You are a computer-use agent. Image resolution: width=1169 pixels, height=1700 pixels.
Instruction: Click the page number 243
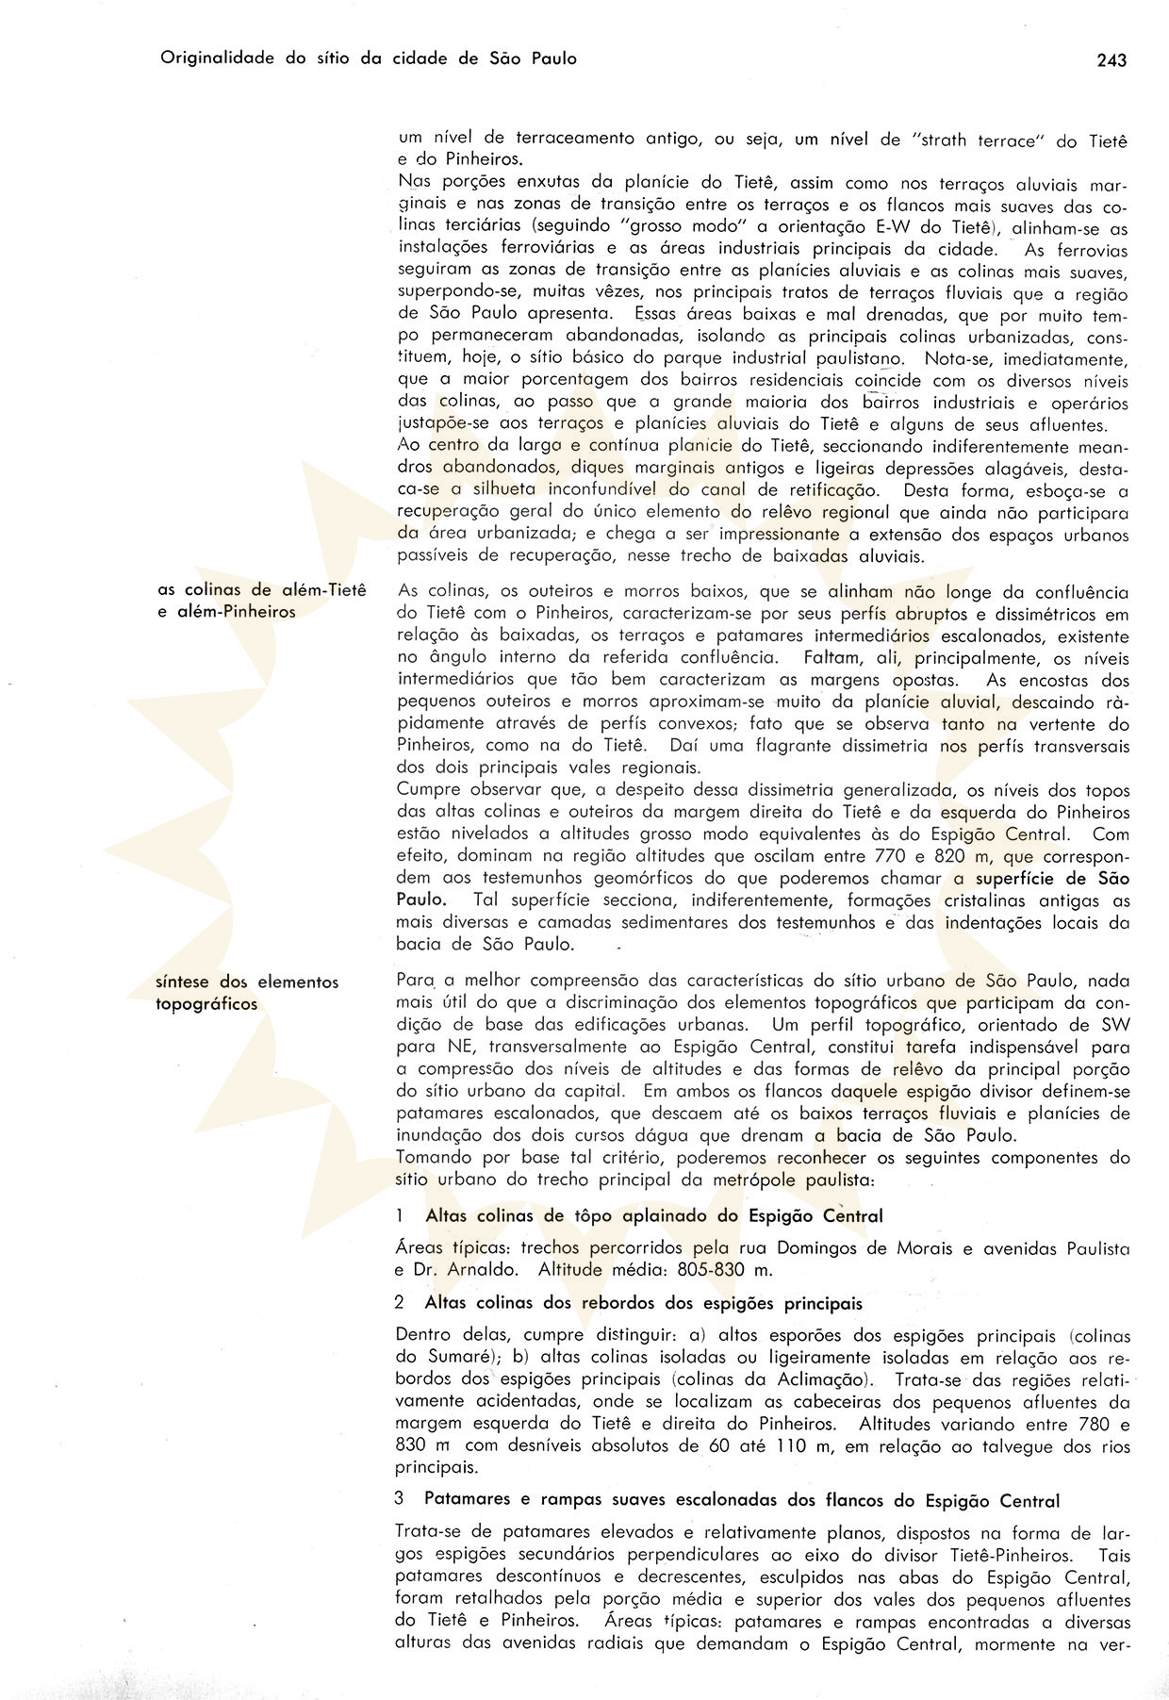1111,60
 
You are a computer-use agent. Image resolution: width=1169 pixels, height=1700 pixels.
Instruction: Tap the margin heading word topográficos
206,1004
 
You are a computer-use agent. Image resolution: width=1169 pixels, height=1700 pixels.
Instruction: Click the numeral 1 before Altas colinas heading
401,1216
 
